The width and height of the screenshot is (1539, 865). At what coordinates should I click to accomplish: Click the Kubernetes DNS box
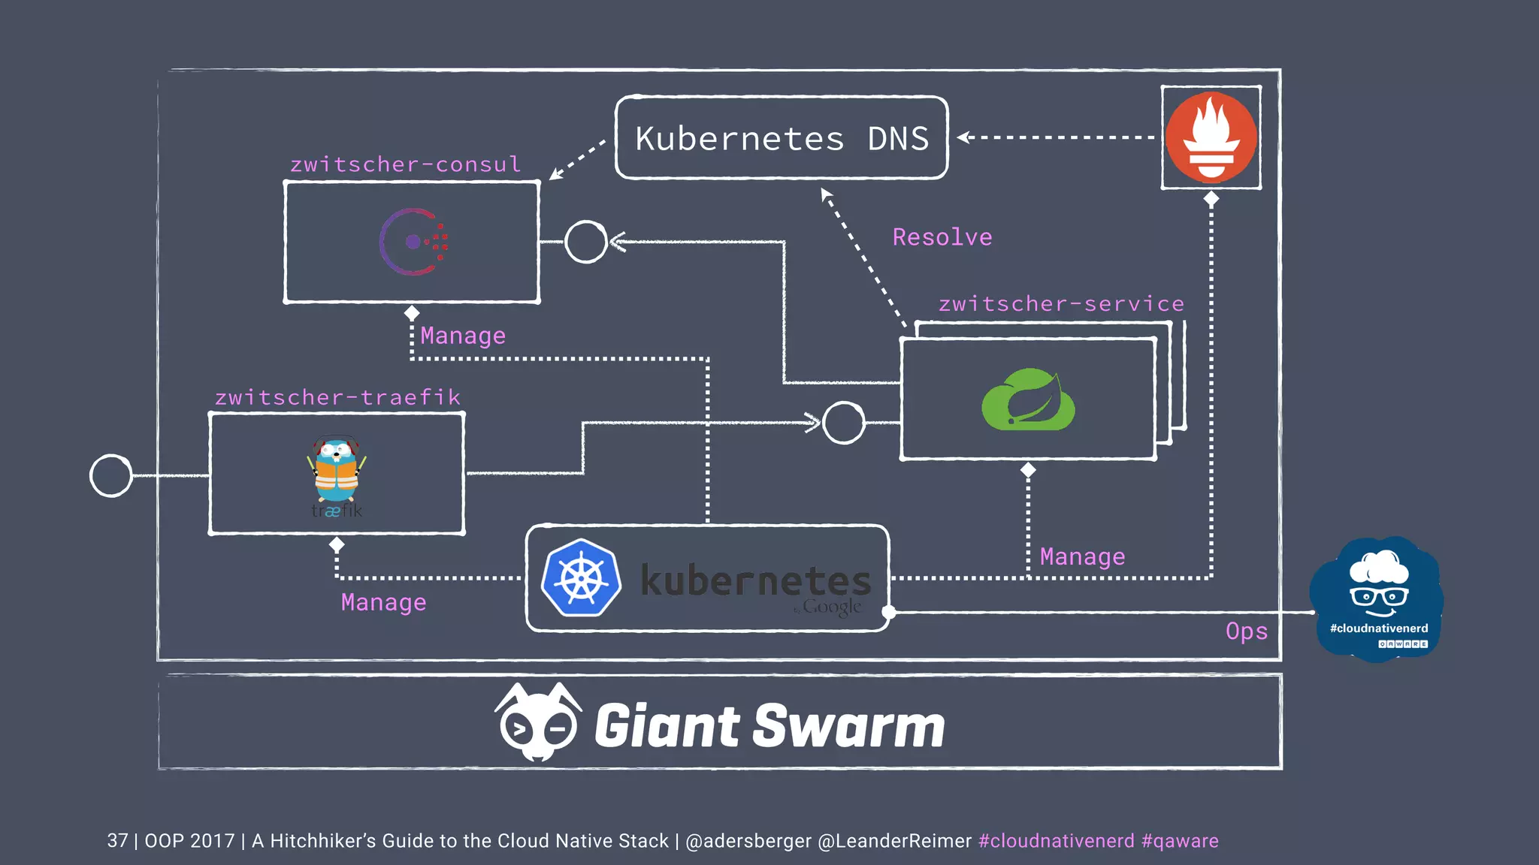(782, 138)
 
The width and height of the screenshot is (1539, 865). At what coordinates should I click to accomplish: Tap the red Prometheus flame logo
(1211, 137)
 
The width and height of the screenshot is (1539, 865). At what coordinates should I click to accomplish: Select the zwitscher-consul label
(406, 164)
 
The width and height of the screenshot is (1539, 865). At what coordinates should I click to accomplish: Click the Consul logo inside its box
(413, 242)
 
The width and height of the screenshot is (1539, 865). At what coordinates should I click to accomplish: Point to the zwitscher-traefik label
(337, 397)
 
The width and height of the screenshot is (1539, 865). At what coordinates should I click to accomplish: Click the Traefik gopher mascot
(336, 471)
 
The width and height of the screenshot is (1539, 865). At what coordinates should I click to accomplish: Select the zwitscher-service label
(1061, 304)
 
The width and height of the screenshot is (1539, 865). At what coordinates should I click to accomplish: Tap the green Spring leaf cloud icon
(1028, 399)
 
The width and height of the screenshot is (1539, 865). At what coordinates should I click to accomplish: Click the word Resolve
(942, 237)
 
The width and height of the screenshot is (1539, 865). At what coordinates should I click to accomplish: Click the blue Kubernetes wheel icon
(581, 578)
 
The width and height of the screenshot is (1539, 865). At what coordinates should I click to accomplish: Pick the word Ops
(1247, 631)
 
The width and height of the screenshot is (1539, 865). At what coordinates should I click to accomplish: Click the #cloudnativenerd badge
(1377, 599)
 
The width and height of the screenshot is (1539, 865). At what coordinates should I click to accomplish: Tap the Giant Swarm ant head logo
(538, 722)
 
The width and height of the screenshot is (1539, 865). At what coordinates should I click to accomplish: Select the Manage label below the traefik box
(383, 602)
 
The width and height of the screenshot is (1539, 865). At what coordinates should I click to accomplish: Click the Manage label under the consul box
(463, 336)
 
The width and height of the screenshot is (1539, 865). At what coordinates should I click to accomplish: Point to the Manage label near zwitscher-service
(1082, 556)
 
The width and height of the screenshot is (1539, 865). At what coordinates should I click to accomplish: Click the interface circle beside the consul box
(585, 242)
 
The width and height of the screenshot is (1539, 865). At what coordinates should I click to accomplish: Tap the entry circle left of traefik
(111, 475)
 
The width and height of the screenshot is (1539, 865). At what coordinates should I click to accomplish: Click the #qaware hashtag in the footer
(1180, 841)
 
